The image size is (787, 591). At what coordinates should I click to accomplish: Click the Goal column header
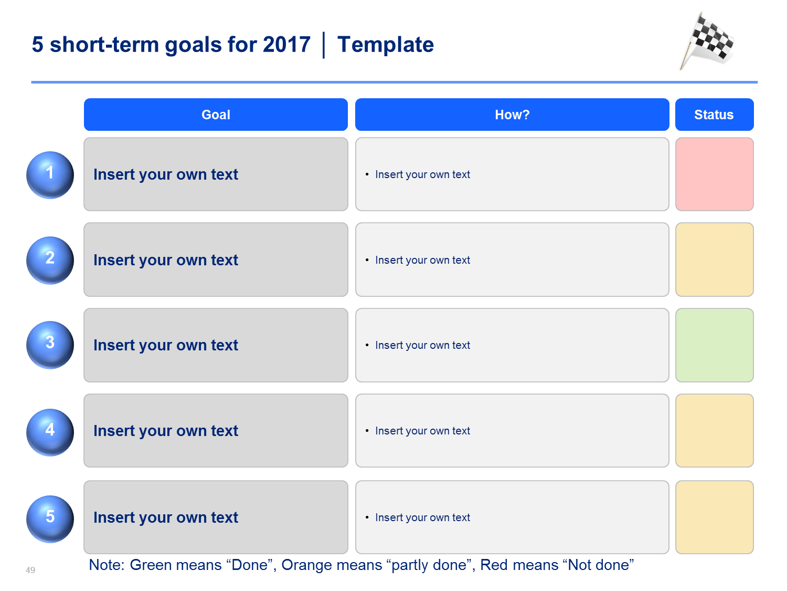click(x=216, y=115)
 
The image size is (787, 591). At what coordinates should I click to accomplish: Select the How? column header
click(x=512, y=115)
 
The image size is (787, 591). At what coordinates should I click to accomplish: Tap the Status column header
click(x=714, y=115)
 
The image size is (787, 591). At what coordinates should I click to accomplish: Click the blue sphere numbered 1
click(x=50, y=175)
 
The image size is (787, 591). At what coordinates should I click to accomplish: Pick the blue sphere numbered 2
click(x=50, y=260)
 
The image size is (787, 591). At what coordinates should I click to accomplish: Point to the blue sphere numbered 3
click(x=50, y=345)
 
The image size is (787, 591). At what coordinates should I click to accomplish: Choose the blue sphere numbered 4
click(x=50, y=432)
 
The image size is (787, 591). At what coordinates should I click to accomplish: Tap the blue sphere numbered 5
click(x=50, y=519)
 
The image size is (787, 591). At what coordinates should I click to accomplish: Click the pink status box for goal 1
click(x=714, y=174)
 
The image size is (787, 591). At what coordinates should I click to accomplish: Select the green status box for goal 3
click(x=714, y=345)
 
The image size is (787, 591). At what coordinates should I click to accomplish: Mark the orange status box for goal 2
click(x=714, y=260)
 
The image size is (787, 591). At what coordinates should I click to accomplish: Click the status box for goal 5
click(x=714, y=517)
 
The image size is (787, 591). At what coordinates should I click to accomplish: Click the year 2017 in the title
click(x=286, y=45)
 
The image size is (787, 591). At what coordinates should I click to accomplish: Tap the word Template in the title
click(x=386, y=45)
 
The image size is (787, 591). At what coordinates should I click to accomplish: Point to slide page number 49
click(x=30, y=570)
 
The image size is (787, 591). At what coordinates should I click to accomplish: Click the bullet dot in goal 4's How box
click(x=367, y=430)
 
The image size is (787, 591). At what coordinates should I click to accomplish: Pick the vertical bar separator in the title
click(x=324, y=45)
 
